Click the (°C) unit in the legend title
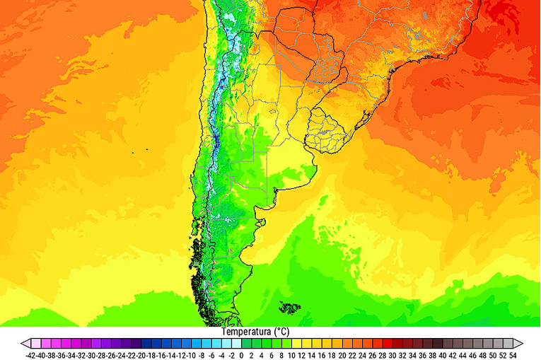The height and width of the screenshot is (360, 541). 280,332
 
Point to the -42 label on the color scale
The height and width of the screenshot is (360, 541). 33,355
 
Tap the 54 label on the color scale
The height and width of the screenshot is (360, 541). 512,355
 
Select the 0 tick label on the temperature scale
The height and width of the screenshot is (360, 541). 242,355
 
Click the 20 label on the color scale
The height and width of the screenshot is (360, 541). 342,355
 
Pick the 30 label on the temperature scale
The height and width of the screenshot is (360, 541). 392,355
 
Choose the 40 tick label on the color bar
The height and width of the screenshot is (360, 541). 442,355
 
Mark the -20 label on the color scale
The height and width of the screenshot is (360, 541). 142,355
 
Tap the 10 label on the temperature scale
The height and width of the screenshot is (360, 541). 291,355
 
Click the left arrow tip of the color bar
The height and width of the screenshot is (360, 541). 24,343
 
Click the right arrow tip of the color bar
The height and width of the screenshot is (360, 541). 520,343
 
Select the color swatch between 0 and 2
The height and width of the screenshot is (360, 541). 247,343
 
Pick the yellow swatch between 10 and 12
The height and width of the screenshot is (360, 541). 296,343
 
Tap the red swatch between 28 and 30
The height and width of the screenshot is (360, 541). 387,343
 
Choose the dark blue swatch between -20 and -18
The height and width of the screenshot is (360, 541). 146,343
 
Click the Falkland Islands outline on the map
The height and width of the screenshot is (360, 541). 289,307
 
